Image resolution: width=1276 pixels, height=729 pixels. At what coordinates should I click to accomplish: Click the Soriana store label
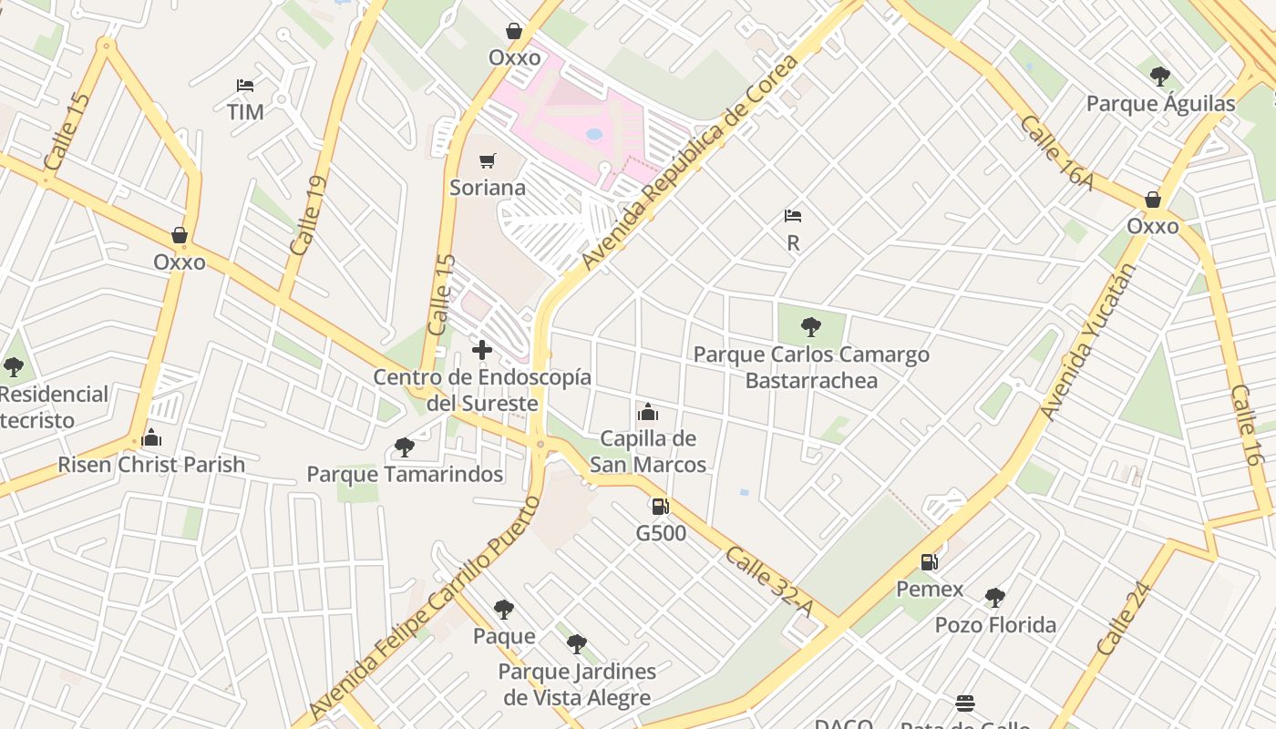(x=488, y=188)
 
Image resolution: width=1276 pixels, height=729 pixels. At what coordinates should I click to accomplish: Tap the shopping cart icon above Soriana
(x=488, y=161)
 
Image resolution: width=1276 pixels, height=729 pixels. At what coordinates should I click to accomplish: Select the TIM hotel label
(x=245, y=112)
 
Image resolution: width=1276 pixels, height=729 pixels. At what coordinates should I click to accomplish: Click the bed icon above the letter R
(x=793, y=216)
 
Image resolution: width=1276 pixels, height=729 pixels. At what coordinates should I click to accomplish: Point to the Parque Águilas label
(x=1160, y=104)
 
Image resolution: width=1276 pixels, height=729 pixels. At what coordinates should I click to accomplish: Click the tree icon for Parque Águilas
(x=1159, y=76)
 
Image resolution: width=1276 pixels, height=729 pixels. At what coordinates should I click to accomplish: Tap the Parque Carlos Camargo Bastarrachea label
(x=811, y=367)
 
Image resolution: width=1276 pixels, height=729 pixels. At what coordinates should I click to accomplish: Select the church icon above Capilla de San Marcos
(x=648, y=412)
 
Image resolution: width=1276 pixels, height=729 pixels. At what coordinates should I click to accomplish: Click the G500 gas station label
(x=661, y=533)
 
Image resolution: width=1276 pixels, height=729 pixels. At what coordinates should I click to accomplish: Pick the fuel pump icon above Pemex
(x=929, y=562)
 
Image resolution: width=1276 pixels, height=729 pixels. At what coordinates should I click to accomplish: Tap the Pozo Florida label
(x=995, y=625)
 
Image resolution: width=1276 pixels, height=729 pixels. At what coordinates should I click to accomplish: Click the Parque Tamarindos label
(x=405, y=474)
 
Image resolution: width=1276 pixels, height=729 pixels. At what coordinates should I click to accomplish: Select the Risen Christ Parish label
(x=151, y=465)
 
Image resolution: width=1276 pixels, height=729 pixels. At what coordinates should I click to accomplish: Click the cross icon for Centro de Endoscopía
(x=482, y=349)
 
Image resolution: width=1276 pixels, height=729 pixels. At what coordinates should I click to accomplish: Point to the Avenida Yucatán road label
(x=1087, y=342)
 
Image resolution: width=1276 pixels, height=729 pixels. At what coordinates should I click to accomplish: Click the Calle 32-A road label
(x=768, y=580)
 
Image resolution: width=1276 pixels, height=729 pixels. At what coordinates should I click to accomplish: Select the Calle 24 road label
(x=1124, y=619)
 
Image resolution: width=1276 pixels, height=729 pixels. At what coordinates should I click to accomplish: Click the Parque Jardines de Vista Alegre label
(x=576, y=685)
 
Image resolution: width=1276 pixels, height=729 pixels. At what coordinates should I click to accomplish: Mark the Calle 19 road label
(x=307, y=215)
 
